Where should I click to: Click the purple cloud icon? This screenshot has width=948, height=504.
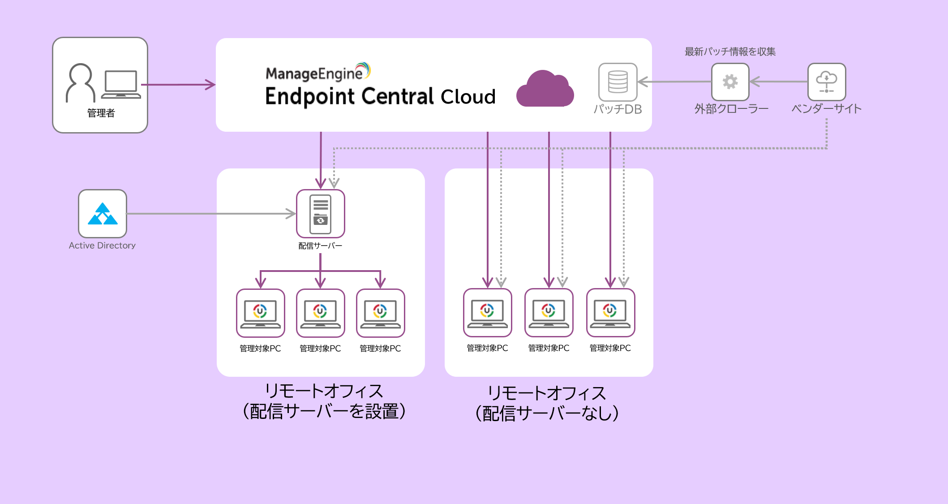pyautogui.click(x=545, y=90)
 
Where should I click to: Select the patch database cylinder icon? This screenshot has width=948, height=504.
pyautogui.click(x=618, y=82)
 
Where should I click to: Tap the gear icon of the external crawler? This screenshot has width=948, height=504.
pyautogui.click(x=730, y=82)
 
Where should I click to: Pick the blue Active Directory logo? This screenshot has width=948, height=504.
pyautogui.click(x=103, y=214)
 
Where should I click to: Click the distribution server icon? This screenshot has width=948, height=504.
pyautogui.click(x=321, y=214)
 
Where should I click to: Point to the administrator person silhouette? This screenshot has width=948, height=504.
pyautogui.click(x=81, y=83)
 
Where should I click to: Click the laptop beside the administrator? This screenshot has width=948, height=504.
pyautogui.click(x=120, y=84)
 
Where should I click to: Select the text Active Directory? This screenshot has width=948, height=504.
pyautogui.click(x=102, y=246)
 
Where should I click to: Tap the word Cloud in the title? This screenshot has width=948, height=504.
pyautogui.click(x=468, y=97)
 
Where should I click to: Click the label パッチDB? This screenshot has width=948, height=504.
pyautogui.click(x=618, y=109)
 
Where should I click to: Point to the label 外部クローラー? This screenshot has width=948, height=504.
pyautogui.click(x=731, y=109)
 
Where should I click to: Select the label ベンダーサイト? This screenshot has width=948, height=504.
pyautogui.click(x=826, y=109)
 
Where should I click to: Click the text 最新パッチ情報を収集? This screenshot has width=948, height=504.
pyautogui.click(x=730, y=52)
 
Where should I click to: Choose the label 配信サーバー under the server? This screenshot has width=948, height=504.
pyautogui.click(x=320, y=246)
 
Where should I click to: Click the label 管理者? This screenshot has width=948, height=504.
pyautogui.click(x=101, y=113)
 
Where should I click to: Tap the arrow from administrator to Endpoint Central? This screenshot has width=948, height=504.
pyautogui.click(x=179, y=85)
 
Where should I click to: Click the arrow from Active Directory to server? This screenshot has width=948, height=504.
pyautogui.click(x=210, y=214)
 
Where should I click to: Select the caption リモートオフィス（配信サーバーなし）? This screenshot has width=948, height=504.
pyautogui.click(x=547, y=403)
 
